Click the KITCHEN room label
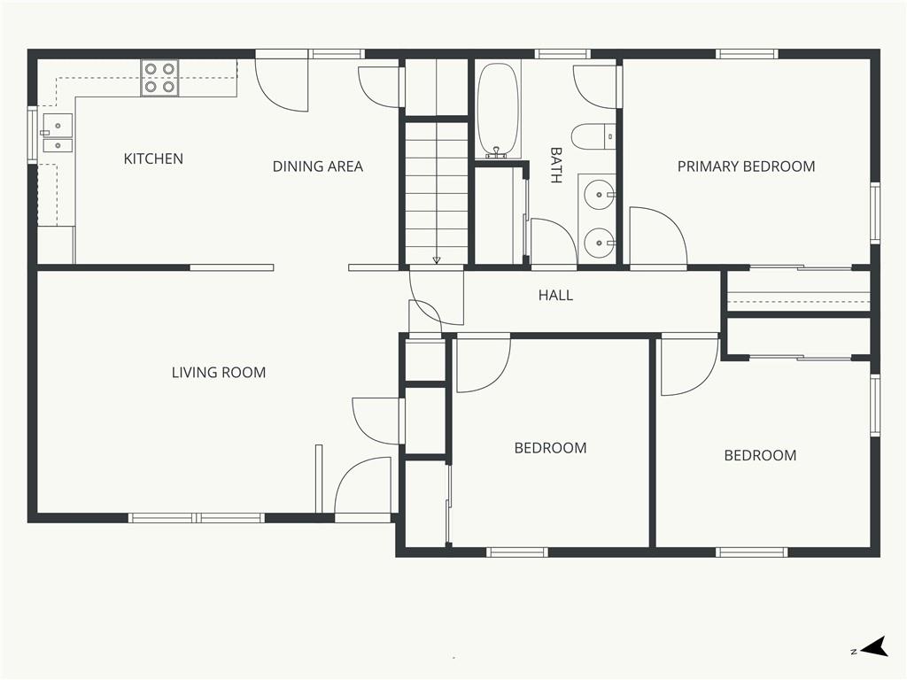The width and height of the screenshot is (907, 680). coord(153,158)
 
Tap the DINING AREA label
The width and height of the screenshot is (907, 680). coord(318,166)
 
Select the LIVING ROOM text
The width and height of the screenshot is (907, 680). coord(219,373)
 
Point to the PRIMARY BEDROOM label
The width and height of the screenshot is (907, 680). coord(746,166)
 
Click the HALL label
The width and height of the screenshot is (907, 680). coord(556,296)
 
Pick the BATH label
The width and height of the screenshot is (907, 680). coord(556,166)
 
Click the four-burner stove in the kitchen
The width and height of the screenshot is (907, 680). coord(159,78)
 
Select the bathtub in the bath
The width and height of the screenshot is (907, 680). coord(498,110)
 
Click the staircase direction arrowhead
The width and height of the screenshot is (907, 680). coord(436,260)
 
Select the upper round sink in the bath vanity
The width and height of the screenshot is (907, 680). coord(600,194)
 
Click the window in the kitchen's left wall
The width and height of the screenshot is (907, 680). coord(33,135)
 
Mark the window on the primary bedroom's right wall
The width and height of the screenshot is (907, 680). coord(875,212)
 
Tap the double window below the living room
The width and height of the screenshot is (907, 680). coord(196,518)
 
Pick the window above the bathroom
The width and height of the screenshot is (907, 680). coord(562,54)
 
